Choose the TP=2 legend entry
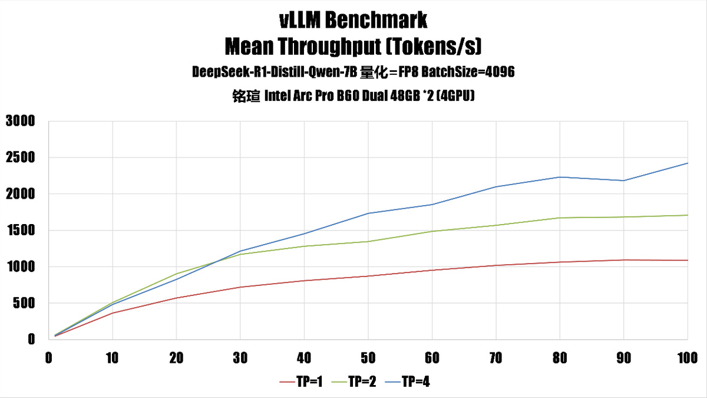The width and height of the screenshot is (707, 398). coord(362,382)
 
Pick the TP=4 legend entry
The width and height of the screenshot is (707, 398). coord(415,382)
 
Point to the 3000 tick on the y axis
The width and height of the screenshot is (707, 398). coord(21,121)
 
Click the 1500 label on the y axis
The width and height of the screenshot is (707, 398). coord(21,231)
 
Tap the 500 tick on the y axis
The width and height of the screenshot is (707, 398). coord(24,303)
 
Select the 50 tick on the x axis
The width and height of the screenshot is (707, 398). coord(368,358)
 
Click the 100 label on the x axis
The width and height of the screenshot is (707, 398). coord(686,358)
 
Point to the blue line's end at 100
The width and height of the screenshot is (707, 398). coord(688,163)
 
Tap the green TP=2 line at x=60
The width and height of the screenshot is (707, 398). coord(432,231)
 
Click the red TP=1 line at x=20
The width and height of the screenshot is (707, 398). coord(176,298)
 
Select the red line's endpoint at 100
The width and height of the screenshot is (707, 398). coord(688,260)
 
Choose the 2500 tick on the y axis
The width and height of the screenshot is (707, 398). coord(21,158)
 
